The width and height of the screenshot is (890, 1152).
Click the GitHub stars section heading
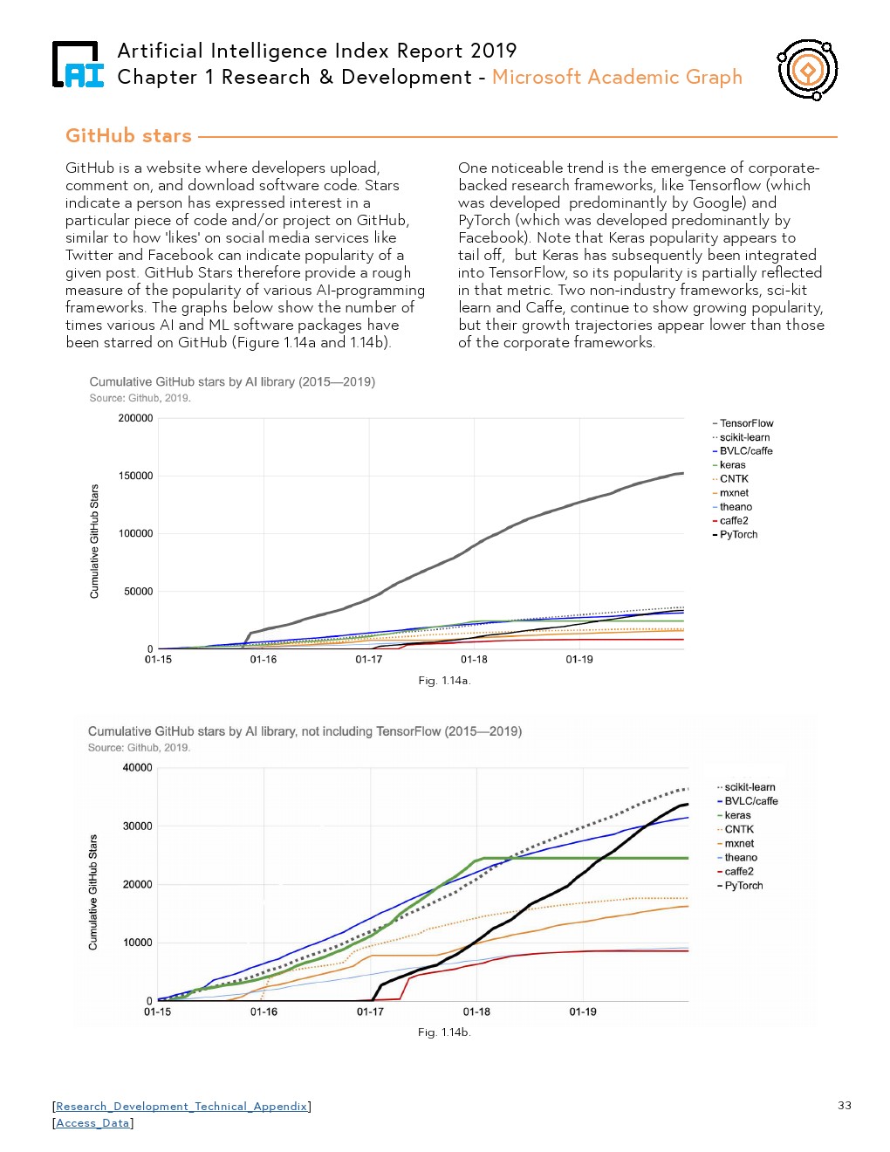[x=128, y=136]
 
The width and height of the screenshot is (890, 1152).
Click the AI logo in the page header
[x=78, y=65]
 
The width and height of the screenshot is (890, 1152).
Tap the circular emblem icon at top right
[x=807, y=70]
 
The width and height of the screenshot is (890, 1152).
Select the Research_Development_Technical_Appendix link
[x=181, y=1107]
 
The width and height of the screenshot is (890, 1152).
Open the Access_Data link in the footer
[x=92, y=1123]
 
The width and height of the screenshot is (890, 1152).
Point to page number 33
[x=844, y=1106]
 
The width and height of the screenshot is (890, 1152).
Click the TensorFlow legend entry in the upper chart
[x=745, y=423]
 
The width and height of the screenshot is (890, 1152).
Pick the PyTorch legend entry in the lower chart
[x=743, y=886]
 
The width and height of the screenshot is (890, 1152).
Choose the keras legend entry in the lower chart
[x=736, y=815]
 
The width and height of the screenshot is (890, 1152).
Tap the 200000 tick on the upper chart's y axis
[x=135, y=418]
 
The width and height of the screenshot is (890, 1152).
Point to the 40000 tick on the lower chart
[x=137, y=768]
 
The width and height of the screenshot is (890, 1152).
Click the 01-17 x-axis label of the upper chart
[x=368, y=660]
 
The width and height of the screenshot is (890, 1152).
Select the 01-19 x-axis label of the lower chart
[x=583, y=1012]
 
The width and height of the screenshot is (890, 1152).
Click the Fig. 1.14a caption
[x=444, y=681]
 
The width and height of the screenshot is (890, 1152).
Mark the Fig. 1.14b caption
[x=444, y=1032]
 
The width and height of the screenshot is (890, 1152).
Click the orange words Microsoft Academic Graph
[x=617, y=77]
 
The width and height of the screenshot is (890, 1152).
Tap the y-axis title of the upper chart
[x=95, y=541]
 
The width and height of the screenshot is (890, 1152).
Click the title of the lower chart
[x=305, y=731]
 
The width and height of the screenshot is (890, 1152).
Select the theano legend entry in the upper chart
[x=735, y=507]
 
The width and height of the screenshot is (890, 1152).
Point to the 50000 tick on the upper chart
[x=138, y=592]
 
